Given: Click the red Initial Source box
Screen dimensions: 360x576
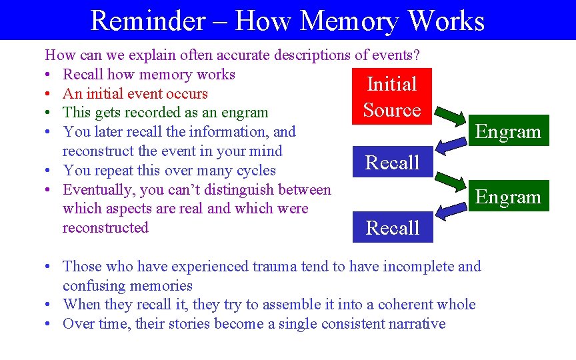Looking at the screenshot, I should tap(392, 97).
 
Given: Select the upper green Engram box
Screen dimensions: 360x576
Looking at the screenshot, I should tap(507, 131).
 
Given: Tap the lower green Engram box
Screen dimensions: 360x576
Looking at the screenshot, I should tap(507, 196).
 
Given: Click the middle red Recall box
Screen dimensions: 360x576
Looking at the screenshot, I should tap(392, 162).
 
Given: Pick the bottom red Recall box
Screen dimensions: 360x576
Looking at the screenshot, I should tap(392, 227).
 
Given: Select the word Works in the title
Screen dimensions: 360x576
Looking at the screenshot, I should tap(446, 21).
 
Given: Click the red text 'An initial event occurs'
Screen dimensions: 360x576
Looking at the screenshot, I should tap(135, 94).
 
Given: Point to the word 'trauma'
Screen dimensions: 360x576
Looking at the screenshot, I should tap(275, 267).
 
